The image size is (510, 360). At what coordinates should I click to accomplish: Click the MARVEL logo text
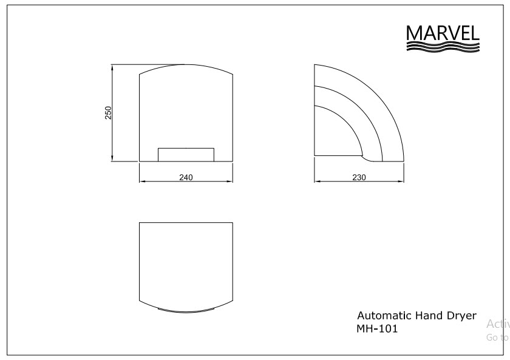(442, 33)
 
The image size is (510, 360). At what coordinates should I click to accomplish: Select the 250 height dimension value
(108, 113)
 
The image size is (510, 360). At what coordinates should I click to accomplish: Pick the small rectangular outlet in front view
(186, 155)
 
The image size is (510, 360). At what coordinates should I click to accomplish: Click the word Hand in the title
(429, 316)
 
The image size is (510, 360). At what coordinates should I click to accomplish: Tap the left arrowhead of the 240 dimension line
(142, 181)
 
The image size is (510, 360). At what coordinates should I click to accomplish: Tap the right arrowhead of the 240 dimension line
(231, 181)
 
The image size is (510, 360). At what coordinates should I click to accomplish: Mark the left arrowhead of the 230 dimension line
(316, 181)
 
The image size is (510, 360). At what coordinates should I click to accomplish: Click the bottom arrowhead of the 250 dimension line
(112, 159)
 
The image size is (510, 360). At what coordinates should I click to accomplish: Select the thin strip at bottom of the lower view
(186, 310)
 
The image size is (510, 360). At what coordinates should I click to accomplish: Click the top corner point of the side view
(314, 64)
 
